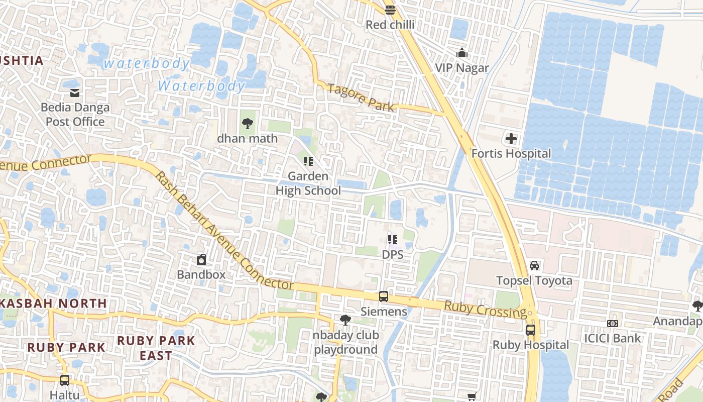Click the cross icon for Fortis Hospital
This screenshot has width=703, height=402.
click(511, 139)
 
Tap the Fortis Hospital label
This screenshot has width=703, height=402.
click(511, 154)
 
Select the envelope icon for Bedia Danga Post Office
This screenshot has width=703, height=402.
click(75, 92)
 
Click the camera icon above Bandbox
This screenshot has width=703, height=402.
click(201, 260)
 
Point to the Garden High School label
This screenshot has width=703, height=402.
click(308, 183)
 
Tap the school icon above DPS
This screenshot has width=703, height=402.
click(392, 240)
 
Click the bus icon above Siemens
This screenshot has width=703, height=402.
click(384, 296)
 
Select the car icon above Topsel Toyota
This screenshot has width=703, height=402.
click(534, 265)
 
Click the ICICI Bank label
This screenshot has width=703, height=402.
click(613, 338)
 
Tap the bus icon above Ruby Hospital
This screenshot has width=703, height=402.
click(531, 330)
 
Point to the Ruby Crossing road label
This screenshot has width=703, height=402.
click(485, 310)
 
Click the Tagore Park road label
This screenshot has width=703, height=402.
click(361, 96)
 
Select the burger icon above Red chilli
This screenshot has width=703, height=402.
click(390, 10)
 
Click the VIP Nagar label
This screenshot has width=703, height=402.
click(461, 68)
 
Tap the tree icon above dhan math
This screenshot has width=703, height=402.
click(247, 123)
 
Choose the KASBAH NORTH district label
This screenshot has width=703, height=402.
click(54, 304)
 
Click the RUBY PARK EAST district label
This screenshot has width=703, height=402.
click(156, 348)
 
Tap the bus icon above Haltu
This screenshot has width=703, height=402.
click(65, 380)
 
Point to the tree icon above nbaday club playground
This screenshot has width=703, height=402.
click(345, 320)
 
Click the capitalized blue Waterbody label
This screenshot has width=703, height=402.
click(201, 86)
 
